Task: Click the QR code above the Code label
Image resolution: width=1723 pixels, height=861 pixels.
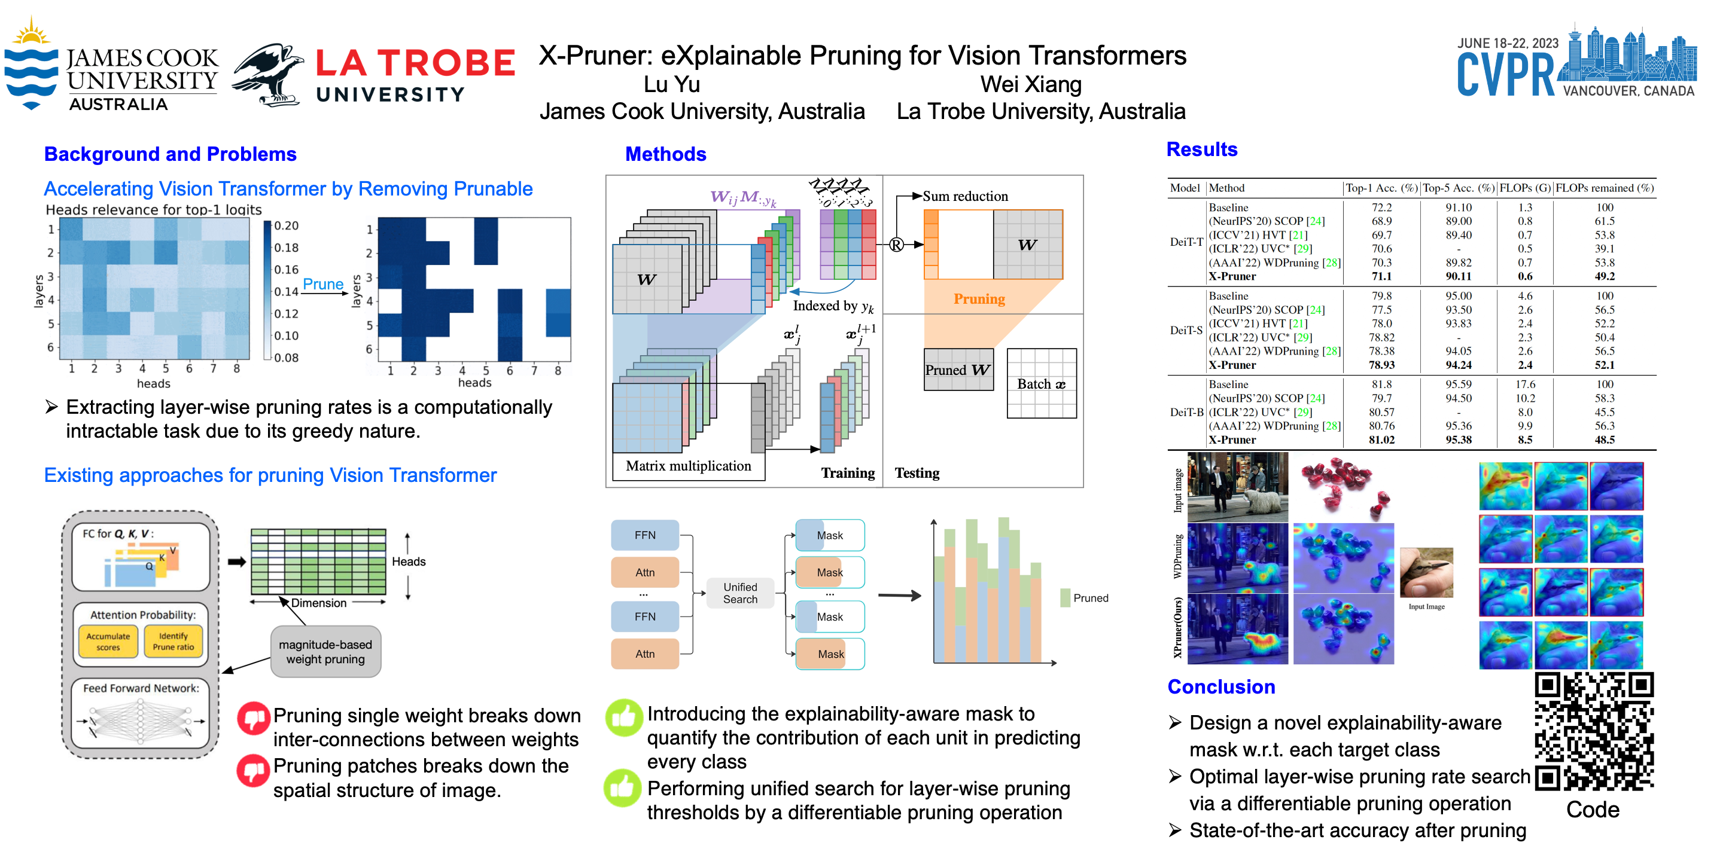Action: pos(1593,731)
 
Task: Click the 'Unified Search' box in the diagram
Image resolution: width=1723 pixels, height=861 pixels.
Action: pos(740,593)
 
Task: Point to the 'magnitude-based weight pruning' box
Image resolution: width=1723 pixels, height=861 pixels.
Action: pos(325,652)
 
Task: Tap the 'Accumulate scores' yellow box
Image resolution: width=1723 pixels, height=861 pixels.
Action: pos(108,641)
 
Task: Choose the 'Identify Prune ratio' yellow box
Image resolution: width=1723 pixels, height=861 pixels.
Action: pos(173,641)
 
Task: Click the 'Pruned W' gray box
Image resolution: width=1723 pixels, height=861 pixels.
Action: pos(958,370)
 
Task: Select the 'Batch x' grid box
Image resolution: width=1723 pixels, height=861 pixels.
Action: pos(1041,384)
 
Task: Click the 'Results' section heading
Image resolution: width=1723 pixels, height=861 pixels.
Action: pos(1201,149)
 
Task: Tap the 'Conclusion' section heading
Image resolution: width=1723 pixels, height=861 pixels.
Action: pos(1220,686)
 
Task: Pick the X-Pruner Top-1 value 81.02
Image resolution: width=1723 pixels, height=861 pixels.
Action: pos(1381,440)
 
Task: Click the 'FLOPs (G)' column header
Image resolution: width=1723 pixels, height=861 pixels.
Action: pos(1524,188)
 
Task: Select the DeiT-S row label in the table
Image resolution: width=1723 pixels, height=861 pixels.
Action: pos(1185,330)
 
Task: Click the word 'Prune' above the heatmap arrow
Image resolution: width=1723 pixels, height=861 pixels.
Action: pos(323,284)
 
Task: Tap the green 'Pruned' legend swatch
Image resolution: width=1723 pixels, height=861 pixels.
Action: pos(1065,598)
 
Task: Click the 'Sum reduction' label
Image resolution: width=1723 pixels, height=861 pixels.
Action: pos(964,196)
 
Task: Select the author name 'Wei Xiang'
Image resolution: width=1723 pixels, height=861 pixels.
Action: pos(1031,84)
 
